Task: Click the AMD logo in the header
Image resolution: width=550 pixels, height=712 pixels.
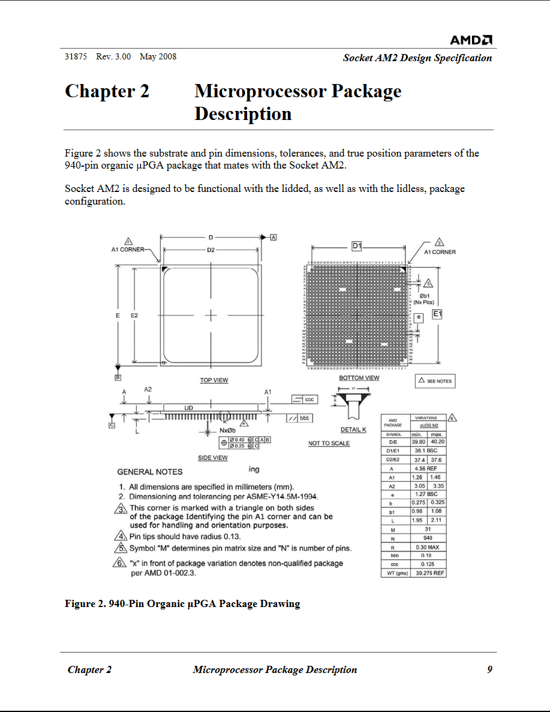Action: [x=471, y=40]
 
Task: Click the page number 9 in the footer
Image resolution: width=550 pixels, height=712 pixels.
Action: [x=489, y=669]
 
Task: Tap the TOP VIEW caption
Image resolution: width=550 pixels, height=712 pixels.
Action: [x=214, y=380]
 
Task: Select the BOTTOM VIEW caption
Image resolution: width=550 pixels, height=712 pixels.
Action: [x=359, y=378]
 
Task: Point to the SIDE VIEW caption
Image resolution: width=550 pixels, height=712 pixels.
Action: [x=213, y=458]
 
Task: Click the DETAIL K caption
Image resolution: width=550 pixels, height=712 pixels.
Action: [x=353, y=429]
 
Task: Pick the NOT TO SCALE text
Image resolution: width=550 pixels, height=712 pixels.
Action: [x=329, y=443]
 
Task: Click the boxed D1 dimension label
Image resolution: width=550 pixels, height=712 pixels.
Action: [x=357, y=246]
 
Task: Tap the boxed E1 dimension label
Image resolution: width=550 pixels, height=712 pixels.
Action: [x=437, y=314]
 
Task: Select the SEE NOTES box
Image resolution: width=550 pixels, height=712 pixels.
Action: [x=435, y=381]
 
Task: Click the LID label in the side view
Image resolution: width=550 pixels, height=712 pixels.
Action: [x=188, y=408]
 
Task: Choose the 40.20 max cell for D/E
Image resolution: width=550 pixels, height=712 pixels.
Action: [x=437, y=442]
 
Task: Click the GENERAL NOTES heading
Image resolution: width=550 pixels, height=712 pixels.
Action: [x=150, y=472]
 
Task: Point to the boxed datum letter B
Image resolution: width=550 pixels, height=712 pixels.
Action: [x=118, y=377]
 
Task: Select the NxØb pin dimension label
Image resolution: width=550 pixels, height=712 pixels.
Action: [x=227, y=430]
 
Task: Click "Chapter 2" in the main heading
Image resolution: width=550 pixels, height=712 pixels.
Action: [x=107, y=91]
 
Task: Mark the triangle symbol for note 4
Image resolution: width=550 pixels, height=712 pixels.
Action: [x=119, y=536]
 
